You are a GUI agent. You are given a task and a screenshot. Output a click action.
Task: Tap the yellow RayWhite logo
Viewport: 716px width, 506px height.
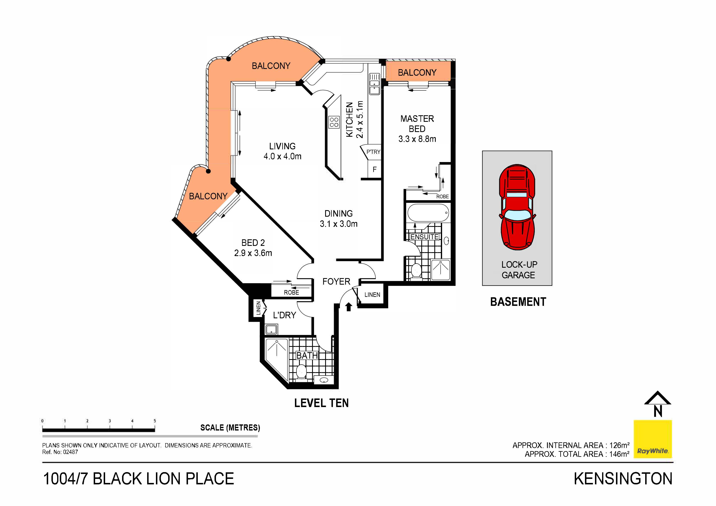652,439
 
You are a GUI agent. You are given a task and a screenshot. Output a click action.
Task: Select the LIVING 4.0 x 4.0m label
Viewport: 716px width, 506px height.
282,151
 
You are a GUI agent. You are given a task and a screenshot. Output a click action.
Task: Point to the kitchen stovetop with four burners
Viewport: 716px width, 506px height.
334,122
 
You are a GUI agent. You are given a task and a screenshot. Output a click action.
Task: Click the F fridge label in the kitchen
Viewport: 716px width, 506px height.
375,169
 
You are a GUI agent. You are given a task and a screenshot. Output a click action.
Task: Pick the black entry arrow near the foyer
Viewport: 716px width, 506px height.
349,307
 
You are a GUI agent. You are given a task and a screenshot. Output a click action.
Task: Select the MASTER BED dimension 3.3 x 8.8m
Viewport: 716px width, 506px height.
417,139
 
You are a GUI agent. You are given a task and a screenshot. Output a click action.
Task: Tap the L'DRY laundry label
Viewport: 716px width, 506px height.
284,315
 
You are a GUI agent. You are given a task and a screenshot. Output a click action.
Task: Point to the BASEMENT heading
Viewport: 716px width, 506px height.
518,302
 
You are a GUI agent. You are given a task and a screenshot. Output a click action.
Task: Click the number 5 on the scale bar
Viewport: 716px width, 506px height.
155,421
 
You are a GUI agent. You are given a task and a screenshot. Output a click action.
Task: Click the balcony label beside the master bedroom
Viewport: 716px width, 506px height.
417,73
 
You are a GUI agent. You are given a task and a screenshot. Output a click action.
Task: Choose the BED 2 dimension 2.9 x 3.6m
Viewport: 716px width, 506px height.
253,253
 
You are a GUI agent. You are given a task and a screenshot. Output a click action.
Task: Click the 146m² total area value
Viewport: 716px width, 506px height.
619,454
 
